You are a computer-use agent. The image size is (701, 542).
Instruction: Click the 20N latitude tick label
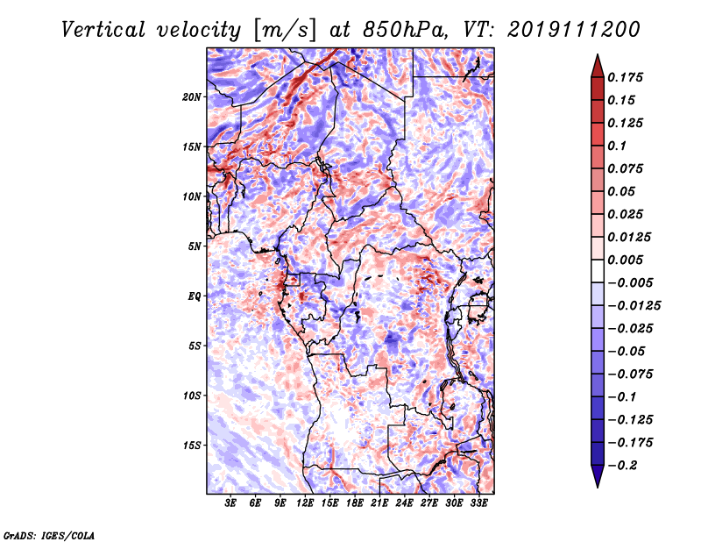click(192, 97)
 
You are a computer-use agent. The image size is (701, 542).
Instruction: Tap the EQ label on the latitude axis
click(195, 296)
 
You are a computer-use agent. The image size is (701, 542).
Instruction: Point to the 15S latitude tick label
click(192, 446)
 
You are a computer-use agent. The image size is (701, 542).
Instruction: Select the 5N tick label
click(195, 246)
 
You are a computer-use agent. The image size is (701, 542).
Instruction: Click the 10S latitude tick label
click(192, 396)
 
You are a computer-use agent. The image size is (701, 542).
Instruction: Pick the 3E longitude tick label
click(230, 503)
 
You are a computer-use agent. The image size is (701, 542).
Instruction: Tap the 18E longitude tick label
click(355, 503)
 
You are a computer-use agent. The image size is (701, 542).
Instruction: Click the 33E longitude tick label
click(479, 503)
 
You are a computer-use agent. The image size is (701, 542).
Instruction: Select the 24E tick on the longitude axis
click(405, 503)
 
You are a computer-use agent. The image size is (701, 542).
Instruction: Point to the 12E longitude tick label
click(305, 503)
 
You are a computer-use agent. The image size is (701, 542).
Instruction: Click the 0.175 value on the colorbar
click(625, 77)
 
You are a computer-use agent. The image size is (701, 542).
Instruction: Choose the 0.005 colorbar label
click(625, 260)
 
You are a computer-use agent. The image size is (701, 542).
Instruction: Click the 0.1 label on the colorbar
click(617, 146)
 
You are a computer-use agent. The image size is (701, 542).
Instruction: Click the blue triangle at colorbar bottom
click(598, 474)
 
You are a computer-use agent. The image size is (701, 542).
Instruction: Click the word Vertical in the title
click(103, 30)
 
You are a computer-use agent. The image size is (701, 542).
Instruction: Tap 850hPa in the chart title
click(405, 30)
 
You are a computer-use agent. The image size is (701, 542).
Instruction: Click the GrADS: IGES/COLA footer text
click(49, 535)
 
